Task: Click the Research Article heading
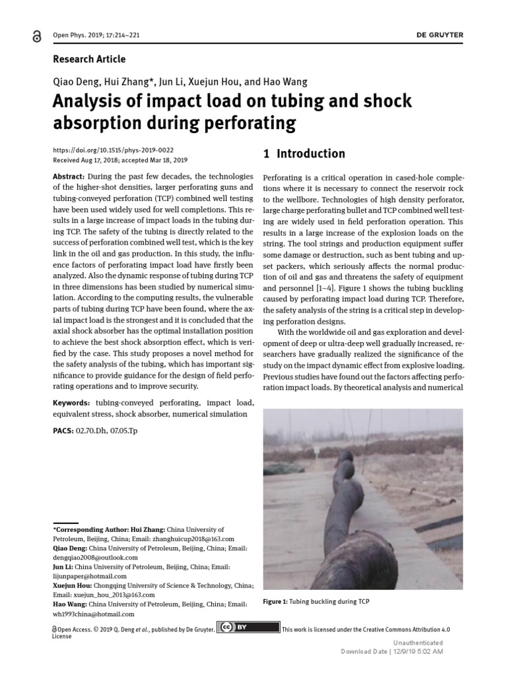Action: pos(88,59)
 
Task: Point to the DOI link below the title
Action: pos(113,150)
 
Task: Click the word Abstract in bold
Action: pos(68,177)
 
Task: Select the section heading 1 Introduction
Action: pos(304,154)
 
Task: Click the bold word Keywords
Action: pos(71,402)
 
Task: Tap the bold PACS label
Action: pos(63,430)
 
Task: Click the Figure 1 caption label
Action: pos(276,602)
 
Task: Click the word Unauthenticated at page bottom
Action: pos(418,643)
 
